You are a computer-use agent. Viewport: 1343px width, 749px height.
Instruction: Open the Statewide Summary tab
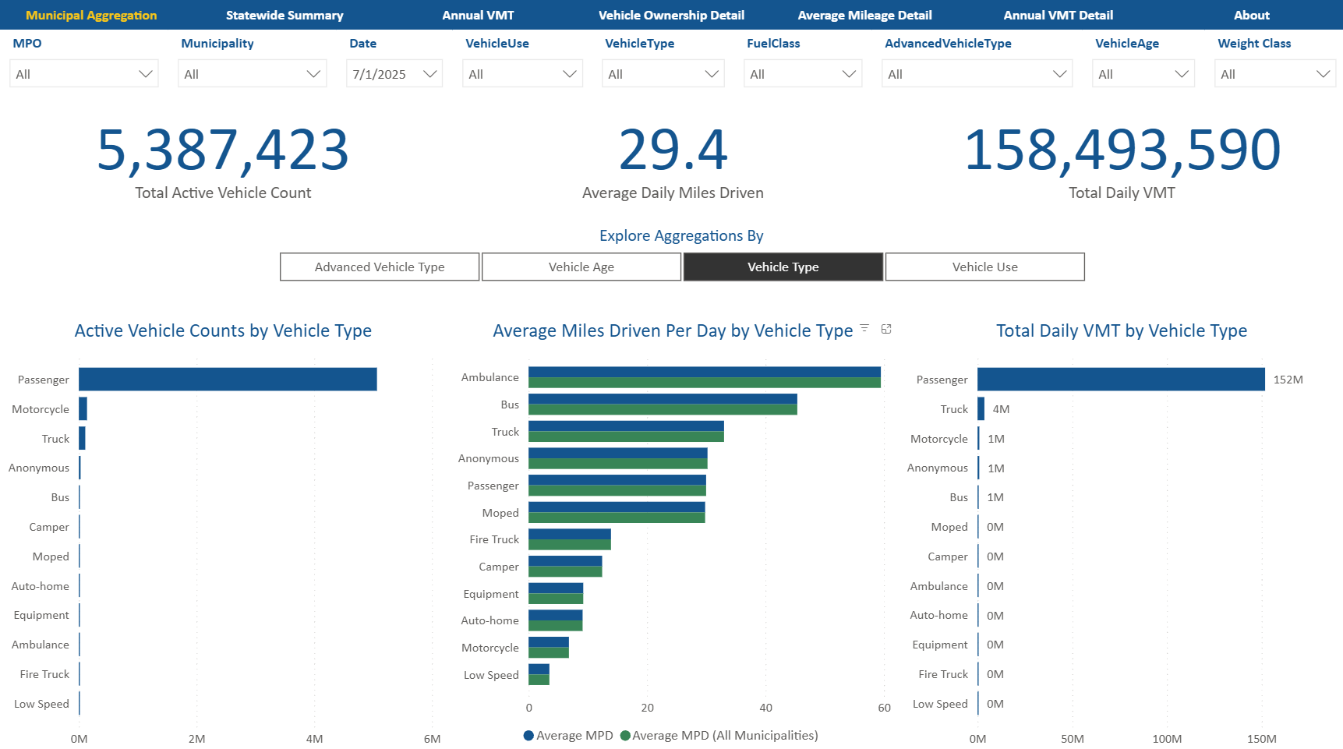pyautogui.click(x=285, y=15)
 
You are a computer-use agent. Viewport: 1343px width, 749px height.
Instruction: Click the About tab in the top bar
pyautogui.click(x=1251, y=15)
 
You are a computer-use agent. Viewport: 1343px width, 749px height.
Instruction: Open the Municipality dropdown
pyautogui.click(x=252, y=74)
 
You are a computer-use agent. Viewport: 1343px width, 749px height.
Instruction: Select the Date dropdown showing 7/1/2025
pyautogui.click(x=394, y=74)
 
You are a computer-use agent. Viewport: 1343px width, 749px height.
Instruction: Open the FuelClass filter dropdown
pyautogui.click(x=803, y=74)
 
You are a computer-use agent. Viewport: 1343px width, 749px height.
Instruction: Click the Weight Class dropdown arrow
pyautogui.click(x=1322, y=74)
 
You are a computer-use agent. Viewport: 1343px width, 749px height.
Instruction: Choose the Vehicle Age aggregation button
pyautogui.click(x=581, y=267)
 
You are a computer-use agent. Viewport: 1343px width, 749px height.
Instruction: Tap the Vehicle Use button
pyautogui.click(x=984, y=267)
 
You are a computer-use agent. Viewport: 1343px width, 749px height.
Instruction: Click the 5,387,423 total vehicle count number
pyautogui.click(x=223, y=150)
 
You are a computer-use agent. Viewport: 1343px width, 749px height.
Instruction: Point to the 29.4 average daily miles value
pyautogui.click(x=673, y=150)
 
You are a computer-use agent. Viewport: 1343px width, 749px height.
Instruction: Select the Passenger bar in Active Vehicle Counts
pyautogui.click(x=228, y=380)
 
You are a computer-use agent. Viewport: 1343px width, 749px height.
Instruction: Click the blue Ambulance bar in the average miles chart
pyautogui.click(x=704, y=372)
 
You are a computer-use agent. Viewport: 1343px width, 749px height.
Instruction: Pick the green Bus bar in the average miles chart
pyautogui.click(x=663, y=410)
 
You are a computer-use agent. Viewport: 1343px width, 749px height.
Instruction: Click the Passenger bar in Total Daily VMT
pyautogui.click(x=1121, y=380)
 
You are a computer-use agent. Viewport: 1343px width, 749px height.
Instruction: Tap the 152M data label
pyautogui.click(x=1288, y=380)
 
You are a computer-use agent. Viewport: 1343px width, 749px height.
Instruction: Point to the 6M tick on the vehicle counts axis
pyautogui.click(x=432, y=739)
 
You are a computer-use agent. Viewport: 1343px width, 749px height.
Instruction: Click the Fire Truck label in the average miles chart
pyautogui.click(x=494, y=539)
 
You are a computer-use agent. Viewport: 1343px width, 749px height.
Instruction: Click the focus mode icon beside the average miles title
pyautogui.click(x=886, y=329)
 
